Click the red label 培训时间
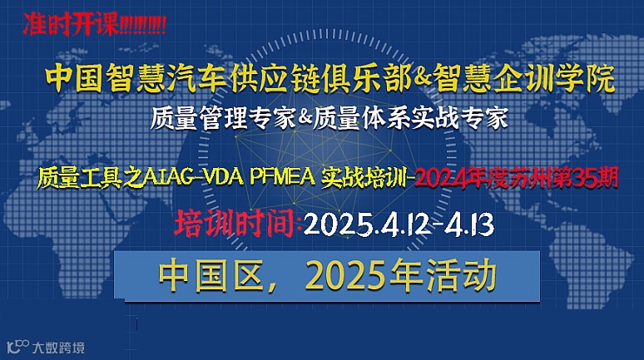235,223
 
